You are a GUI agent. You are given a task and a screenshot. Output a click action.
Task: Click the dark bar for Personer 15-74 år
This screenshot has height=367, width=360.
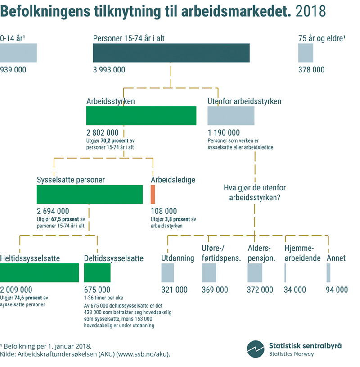(171, 53)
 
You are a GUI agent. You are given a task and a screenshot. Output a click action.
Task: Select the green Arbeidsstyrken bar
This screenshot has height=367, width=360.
(141, 116)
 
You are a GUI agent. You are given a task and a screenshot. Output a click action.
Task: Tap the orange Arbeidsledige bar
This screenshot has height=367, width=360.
(153, 194)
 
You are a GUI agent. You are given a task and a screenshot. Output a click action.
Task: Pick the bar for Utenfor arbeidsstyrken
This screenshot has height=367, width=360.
(231, 116)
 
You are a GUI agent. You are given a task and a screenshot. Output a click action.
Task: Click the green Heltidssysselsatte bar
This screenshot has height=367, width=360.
(39, 273)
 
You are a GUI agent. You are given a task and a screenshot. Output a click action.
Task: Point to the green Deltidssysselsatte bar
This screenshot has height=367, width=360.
(97, 273)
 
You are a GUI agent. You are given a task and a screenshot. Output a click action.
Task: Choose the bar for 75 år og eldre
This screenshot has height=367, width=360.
(306, 53)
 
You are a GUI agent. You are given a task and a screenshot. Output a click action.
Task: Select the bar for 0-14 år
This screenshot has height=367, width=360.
(18, 53)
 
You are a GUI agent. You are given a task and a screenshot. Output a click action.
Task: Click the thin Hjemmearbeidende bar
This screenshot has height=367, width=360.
(285, 273)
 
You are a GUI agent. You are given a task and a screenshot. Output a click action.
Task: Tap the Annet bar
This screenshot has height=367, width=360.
(328, 273)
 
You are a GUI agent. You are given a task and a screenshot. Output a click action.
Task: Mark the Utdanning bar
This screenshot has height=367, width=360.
(167, 273)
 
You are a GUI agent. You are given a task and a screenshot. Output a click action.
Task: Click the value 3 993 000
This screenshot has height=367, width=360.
(109, 70)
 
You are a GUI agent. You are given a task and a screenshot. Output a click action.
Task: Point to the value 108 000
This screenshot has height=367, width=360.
(164, 211)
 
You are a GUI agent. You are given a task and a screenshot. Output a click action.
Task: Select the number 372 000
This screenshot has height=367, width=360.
(260, 290)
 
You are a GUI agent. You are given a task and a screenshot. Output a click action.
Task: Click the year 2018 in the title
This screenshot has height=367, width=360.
(310, 11)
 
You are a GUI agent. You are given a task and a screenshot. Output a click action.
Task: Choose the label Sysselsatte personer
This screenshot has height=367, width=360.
(71, 180)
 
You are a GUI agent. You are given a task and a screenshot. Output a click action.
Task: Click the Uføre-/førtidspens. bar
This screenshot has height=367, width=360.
(209, 273)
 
